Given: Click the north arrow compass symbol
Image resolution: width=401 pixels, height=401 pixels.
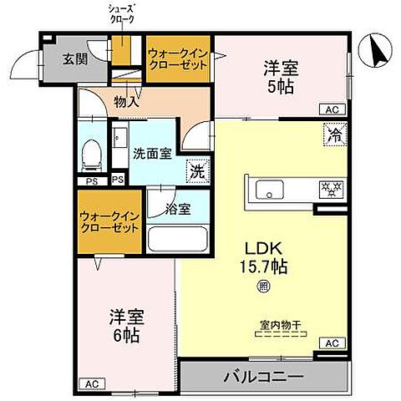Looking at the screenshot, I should coord(376,54).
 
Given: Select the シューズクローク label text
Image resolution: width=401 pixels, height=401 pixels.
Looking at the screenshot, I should coord(122,14).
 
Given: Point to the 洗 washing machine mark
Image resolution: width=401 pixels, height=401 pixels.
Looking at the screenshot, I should coord(197,170).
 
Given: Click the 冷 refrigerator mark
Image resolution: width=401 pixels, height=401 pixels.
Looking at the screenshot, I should coord(332,132).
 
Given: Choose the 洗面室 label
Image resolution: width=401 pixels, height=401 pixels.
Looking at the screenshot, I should coord(152,155).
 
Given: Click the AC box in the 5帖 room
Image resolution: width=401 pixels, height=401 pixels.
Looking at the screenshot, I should coord(332,109).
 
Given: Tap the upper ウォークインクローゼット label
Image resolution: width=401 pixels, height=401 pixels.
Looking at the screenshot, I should coord(179,59).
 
